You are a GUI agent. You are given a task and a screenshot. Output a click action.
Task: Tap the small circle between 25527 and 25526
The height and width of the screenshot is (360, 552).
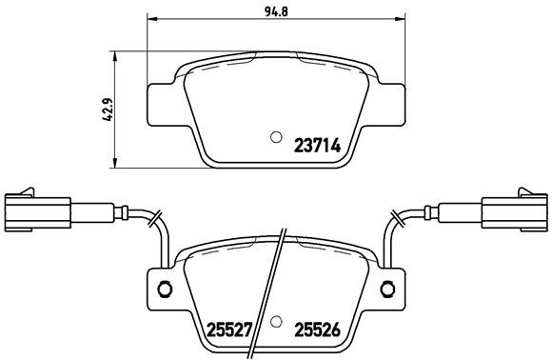click(x=275, y=321)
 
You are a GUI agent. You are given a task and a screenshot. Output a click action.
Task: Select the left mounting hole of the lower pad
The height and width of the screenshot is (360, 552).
click(x=162, y=290)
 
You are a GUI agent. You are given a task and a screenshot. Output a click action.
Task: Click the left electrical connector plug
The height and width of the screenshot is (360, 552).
click(x=37, y=210)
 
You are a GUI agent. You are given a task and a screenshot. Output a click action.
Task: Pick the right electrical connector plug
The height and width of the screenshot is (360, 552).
click(x=514, y=210)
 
